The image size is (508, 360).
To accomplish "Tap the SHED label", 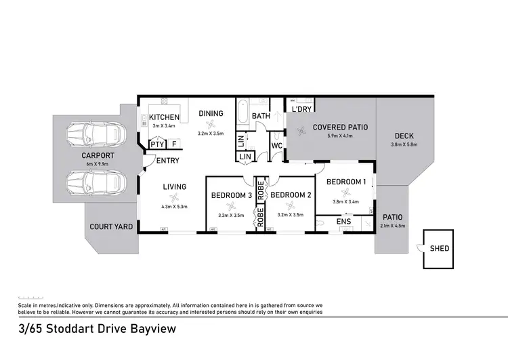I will [440, 249].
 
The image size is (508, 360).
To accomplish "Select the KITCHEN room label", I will [164, 117].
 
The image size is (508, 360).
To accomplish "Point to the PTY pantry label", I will [156, 144].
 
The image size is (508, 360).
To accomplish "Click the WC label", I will [276, 146].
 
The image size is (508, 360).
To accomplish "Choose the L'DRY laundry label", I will [301, 109].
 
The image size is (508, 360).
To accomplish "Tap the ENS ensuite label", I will [343, 221].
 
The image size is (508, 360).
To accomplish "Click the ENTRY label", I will [167, 161].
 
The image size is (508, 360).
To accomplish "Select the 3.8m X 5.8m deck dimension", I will [404, 144].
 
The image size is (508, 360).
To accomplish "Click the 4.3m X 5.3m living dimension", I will [173, 206].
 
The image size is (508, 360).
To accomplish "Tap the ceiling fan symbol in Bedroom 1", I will [347, 192].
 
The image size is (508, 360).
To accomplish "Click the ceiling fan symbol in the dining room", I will [211, 124].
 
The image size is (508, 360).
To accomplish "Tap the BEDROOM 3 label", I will [231, 195].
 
